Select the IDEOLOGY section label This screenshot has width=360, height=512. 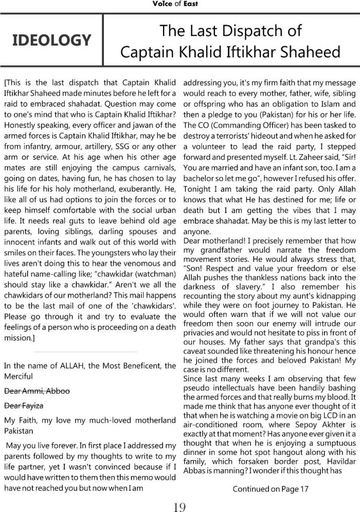click(x=51, y=40)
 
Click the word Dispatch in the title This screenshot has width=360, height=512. click(x=254, y=31)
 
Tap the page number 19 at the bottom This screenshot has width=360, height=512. click(x=179, y=493)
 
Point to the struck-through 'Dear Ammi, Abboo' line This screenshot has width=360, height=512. click(x=37, y=391)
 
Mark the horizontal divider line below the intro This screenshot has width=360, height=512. click(x=85, y=352)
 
